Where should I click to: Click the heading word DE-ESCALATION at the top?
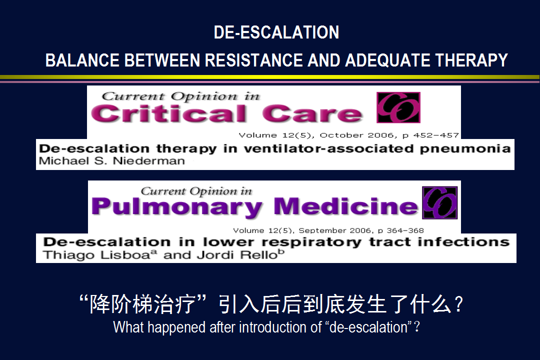(276, 32)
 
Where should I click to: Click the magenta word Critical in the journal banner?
(169, 113)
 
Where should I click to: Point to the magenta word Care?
(312, 113)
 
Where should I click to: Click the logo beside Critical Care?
(398, 107)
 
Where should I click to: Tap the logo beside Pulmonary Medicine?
(440, 203)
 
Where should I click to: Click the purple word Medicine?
(346, 206)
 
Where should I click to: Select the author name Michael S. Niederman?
(112, 161)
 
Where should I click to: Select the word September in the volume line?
(322, 230)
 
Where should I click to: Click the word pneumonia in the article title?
(465, 149)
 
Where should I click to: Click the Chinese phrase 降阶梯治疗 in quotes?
(142, 304)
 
